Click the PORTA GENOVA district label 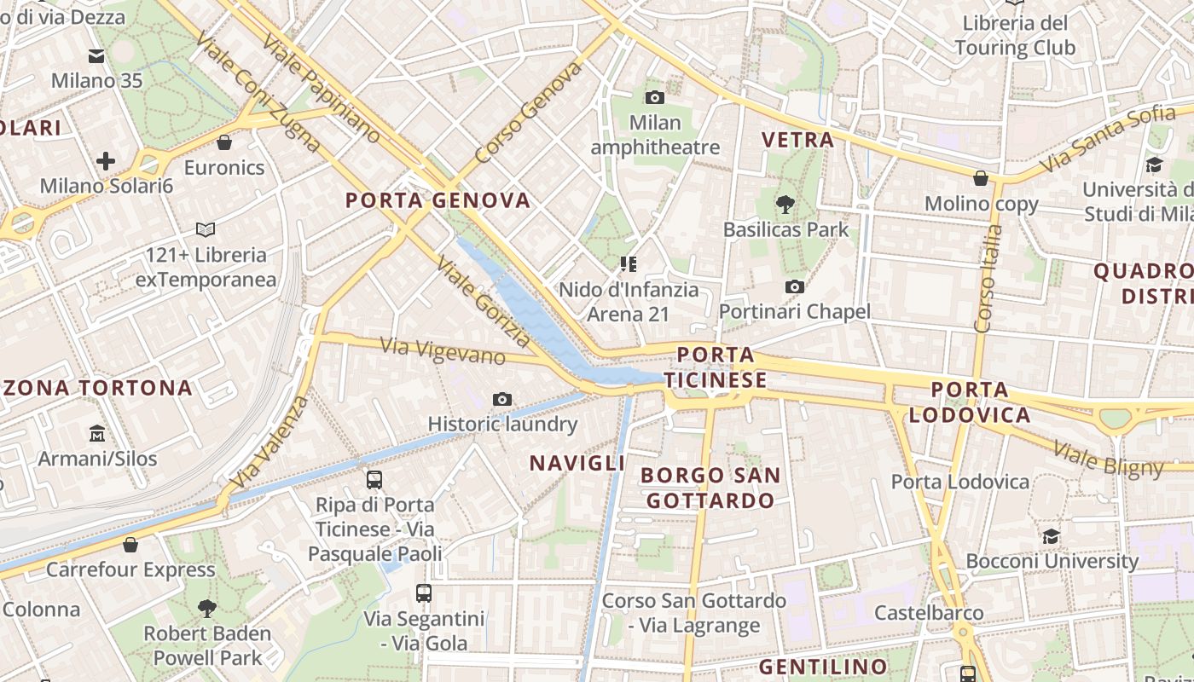[438, 200]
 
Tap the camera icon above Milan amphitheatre [655, 98]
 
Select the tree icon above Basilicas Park [785, 205]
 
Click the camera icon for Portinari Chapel [795, 287]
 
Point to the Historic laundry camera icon [502, 399]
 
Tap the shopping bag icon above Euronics [224, 142]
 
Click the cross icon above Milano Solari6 [106, 161]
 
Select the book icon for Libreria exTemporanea [206, 229]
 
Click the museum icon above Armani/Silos [97, 434]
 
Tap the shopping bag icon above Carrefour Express [130, 545]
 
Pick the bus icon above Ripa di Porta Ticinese [374, 480]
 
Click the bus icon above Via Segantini [424, 593]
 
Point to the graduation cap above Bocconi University [1051, 537]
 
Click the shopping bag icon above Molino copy [981, 179]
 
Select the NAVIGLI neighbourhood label [577, 463]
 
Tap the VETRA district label [797, 140]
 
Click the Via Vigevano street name [443, 350]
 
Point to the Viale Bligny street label [1108, 459]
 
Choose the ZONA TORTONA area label [97, 388]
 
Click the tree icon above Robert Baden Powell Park [206, 609]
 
